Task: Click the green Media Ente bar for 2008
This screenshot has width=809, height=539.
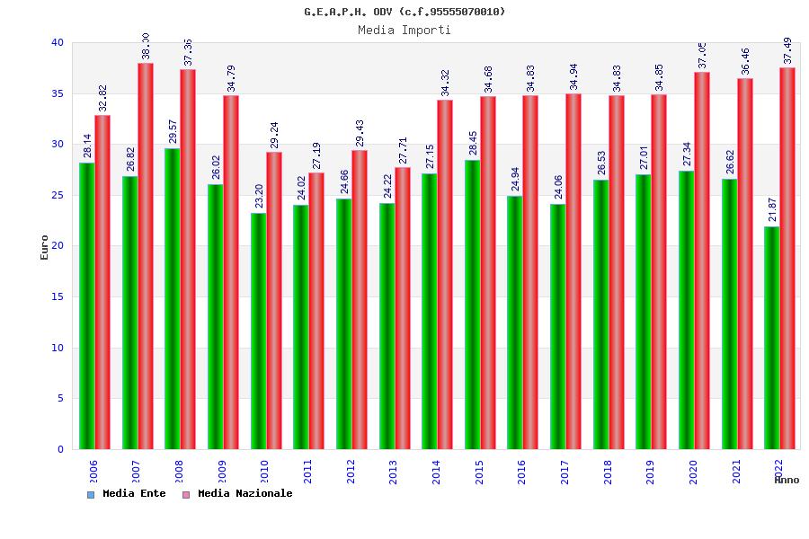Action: pos(173,298)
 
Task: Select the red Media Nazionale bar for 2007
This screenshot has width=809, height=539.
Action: pos(146,256)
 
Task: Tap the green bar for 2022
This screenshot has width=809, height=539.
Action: pos(772,338)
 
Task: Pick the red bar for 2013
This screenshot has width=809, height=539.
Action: pos(403,308)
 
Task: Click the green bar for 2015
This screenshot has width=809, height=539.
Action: pos(472,305)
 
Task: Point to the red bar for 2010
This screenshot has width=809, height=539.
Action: pos(274,300)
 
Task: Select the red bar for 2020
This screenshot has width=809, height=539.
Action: pos(702,261)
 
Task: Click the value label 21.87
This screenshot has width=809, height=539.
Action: pos(772,209)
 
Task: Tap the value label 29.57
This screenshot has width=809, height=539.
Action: pos(173,131)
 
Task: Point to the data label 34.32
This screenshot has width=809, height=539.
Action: pos(445,83)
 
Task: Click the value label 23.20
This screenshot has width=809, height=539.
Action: pos(258,196)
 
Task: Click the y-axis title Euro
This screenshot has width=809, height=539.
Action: pos(45,246)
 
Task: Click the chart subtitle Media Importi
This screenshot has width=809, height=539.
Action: pos(404,30)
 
